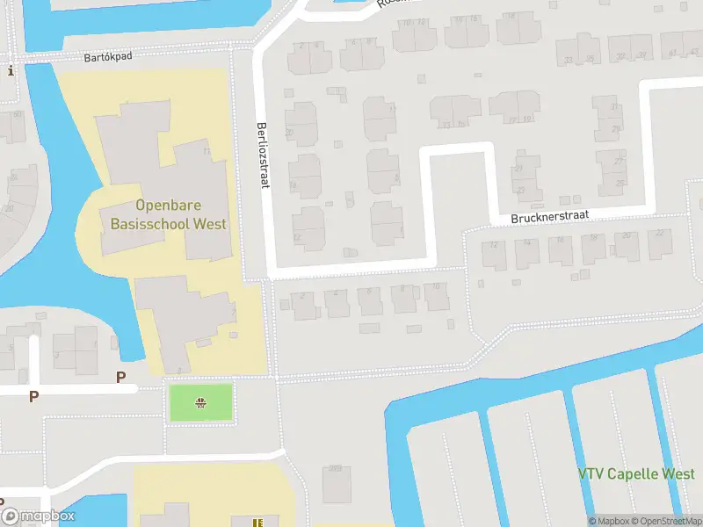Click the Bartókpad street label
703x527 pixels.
(x=107, y=57)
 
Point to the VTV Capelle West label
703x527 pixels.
(x=636, y=474)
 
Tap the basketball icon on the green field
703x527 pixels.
(x=201, y=403)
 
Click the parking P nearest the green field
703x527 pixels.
(x=121, y=378)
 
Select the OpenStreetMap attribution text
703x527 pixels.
(x=666, y=521)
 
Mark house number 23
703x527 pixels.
(x=520, y=189)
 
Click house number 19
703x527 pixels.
(x=526, y=119)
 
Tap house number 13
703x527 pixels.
(x=446, y=125)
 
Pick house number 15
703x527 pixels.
(x=461, y=125)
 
